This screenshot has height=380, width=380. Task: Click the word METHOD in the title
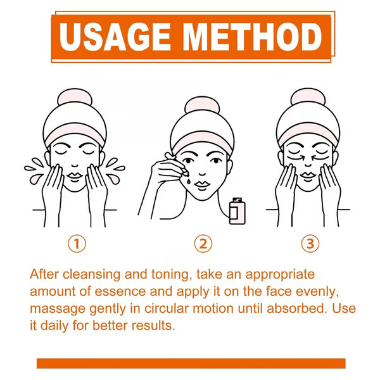[x=250, y=38]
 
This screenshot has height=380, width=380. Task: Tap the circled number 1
[x=76, y=243]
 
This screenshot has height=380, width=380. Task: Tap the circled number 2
[x=203, y=243]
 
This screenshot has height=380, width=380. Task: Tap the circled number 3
[x=310, y=243]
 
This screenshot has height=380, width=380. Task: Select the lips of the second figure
[x=203, y=181]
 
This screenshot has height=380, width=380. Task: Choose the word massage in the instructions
[x=54, y=309]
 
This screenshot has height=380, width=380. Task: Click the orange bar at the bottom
[x=190, y=363]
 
